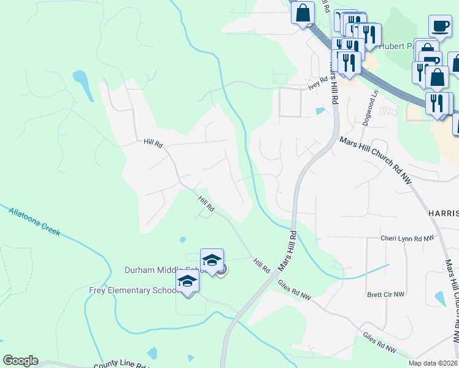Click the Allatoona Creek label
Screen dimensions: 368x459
34,222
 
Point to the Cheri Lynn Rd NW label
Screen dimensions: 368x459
407,238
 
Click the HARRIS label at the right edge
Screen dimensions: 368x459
443,213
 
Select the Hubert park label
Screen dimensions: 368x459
396,46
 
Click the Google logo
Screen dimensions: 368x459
20,361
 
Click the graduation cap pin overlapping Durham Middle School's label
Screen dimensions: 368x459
212,261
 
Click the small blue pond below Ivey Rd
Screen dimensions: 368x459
319,112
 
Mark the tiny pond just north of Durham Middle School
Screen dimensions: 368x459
182,239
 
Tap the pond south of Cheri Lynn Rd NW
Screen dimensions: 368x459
441,299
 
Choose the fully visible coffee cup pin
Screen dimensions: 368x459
439,27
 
